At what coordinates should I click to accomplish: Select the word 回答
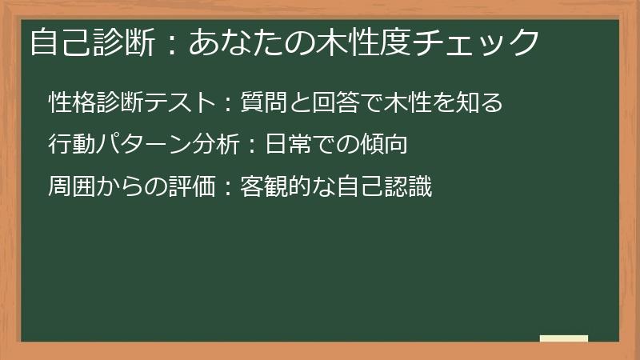click(336, 102)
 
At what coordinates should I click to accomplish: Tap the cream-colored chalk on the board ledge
click(564, 338)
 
